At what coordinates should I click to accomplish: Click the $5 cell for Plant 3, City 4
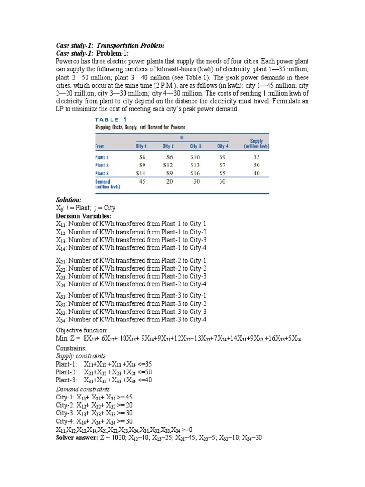pyautogui.click(x=221, y=173)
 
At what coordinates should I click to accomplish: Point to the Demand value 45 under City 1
pyautogui.click(x=142, y=182)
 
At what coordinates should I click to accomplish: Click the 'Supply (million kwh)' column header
pyautogui.click(x=257, y=144)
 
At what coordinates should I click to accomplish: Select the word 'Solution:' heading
pyautogui.click(x=68, y=200)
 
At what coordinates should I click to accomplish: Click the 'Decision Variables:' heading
pyautogui.click(x=83, y=216)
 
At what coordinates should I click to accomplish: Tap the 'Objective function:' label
pyautogui.click(x=82, y=330)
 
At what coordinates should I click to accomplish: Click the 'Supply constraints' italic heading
pyautogui.click(x=80, y=356)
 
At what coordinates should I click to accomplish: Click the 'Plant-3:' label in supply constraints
pyautogui.click(x=67, y=380)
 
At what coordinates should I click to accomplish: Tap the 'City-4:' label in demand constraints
pyautogui.click(x=66, y=421)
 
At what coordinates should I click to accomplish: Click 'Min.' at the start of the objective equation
pyautogui.click(x=62, y=339)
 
